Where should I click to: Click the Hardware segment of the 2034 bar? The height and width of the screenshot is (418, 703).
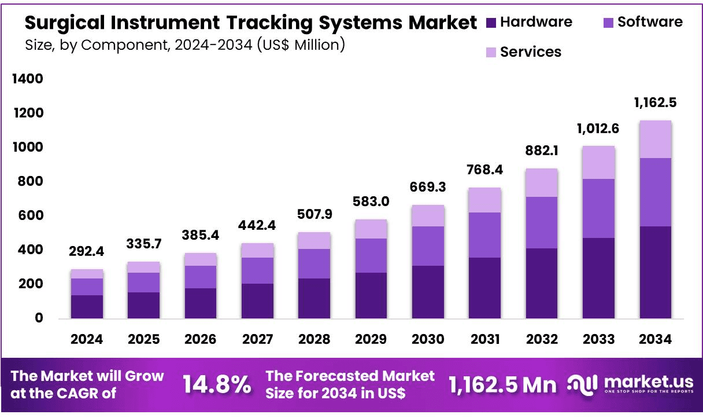click(x=655, y=272)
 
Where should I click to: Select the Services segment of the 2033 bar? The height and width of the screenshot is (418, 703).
click(x=598, y=163)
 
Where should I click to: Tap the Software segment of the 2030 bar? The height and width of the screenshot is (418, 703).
click(x=428, y=246)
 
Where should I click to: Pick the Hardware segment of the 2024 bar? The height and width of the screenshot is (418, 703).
click(x=87, y=307)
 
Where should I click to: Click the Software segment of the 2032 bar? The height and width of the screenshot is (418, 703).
click(x=542, y=223)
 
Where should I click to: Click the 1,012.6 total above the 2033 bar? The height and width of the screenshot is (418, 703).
click(x=598, y=129)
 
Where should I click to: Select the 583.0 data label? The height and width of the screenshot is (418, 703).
click(x=371, y=203)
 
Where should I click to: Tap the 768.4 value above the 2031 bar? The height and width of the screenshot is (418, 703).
click(x=484, y=171)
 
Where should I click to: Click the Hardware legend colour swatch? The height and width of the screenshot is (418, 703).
click(x=491, y=23)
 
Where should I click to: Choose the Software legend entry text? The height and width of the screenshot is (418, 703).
click(x=650, y=22)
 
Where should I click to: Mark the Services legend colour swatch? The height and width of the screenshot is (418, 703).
click(x=491, y=52)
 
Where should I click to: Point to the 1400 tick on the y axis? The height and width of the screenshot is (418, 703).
click(x=28, y=79)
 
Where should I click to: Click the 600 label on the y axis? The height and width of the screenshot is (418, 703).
click(x=32, y=215)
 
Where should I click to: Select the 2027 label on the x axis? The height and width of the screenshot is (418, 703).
click(x=257, y=339)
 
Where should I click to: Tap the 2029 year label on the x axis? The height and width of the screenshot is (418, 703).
click(x=371, y=339)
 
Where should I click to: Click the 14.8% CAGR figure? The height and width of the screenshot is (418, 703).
click(x=217, y=384)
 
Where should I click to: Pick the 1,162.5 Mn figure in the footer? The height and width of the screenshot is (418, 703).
click(x=502, y=384)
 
